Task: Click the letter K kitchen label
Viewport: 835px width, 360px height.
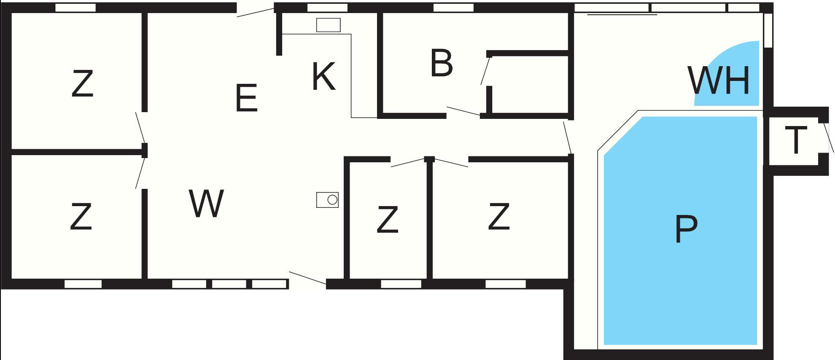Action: (323, 76)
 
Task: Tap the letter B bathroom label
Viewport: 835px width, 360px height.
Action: (442, 63)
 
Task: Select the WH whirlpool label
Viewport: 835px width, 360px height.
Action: (719, 80)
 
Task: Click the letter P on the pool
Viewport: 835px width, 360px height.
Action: (686, 229)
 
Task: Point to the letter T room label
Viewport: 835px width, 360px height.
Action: (796, 140)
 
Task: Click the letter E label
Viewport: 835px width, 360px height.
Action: (246, 98)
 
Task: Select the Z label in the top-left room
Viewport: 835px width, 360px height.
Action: (82, 84)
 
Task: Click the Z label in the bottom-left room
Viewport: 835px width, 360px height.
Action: (81, 217)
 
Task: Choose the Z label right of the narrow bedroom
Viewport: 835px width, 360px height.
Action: (499, 217)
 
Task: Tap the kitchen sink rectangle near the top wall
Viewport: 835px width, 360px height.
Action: (329, 25)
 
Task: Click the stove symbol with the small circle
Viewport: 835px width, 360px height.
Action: (328, 200)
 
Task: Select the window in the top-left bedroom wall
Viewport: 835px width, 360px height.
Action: (76, 8)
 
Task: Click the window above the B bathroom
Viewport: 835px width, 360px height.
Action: (454, 8)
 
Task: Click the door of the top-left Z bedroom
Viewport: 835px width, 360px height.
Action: (140, 127)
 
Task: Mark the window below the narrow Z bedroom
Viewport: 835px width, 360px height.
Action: (401, 284)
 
